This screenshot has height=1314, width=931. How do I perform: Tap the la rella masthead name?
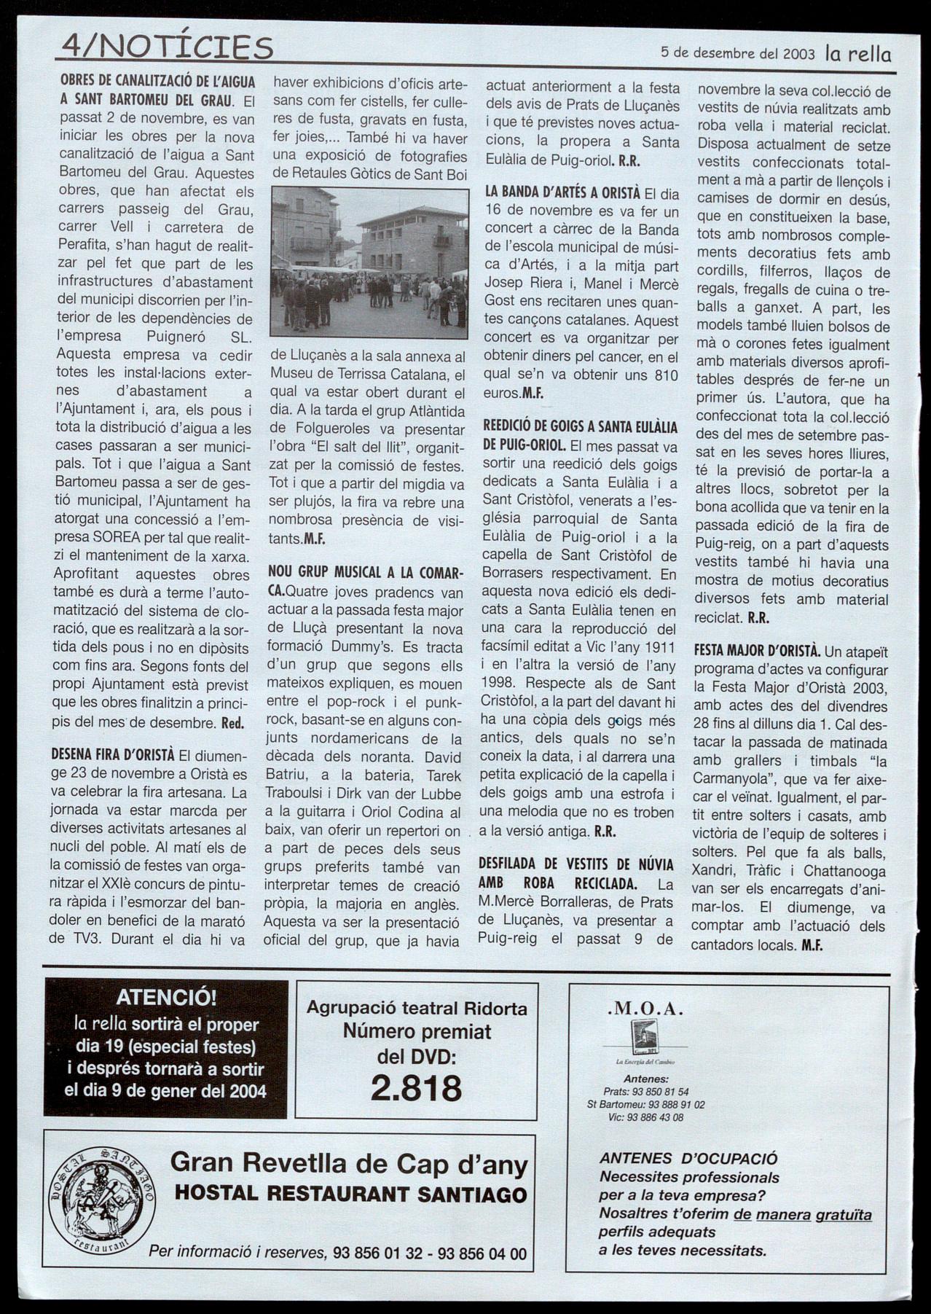coord(858,53)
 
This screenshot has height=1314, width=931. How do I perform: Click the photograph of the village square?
coord(369,263)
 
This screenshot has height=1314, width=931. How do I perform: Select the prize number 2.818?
coord(416,1087)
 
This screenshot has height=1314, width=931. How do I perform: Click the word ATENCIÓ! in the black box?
coord(166,997)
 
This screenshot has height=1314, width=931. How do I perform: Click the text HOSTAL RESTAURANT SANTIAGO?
coord(350,1194)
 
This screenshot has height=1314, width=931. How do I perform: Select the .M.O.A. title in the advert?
coord(644,1009)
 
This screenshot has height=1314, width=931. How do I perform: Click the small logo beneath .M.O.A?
coord(643,1037)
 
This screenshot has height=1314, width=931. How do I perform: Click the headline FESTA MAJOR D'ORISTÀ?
coord(757,650)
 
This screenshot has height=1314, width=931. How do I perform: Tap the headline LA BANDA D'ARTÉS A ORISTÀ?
coord(562,193)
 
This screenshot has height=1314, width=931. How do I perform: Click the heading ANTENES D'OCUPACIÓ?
coord(688,1159)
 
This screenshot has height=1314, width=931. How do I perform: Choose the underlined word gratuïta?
coord(843,1213)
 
